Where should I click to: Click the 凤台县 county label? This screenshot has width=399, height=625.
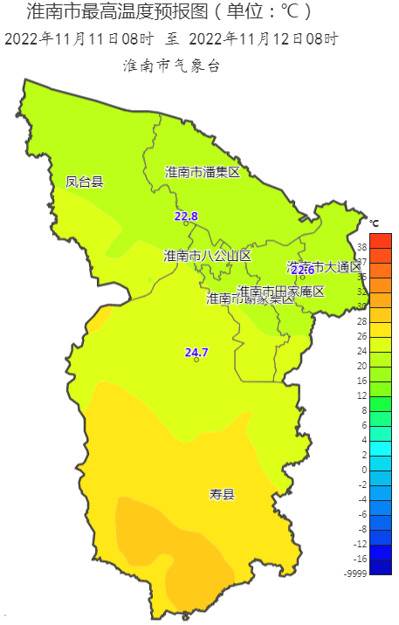85,182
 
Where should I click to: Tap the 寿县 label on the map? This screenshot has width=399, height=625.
222,495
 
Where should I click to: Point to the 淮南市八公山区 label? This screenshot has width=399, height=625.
207,256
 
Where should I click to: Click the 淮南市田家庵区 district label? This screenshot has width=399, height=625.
281,291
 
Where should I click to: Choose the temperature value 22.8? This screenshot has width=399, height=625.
186,216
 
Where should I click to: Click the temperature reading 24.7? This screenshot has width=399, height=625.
196,353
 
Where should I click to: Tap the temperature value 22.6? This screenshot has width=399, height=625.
302,270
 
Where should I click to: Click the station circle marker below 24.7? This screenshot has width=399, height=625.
196,360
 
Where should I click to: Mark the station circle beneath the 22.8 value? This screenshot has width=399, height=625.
186,223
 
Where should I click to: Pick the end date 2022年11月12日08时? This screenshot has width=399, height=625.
263,39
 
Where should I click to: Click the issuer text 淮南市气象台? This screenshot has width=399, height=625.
171,65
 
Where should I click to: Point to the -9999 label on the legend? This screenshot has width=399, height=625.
355,573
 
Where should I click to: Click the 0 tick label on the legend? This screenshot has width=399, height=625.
363,469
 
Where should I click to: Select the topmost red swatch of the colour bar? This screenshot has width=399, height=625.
381,239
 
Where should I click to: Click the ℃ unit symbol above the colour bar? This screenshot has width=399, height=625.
375,223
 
